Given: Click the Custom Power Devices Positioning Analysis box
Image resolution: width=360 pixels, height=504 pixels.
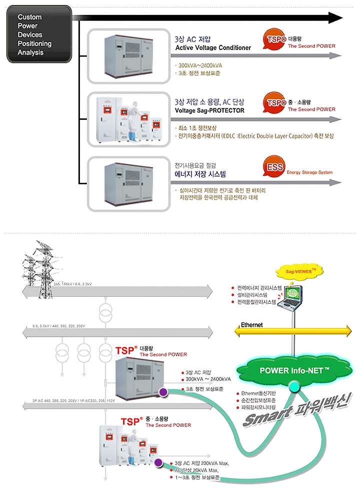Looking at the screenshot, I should (x=39, y=34).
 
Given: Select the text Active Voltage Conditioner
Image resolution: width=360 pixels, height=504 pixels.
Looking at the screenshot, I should (x=212, y=48).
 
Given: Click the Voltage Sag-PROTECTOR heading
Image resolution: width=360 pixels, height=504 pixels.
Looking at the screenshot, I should (x=209, y=110).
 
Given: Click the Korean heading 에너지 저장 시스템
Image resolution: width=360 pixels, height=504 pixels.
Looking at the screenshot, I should (x=200, y=174).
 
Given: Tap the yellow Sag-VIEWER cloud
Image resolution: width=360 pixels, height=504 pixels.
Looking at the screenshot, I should (x=297, y=271).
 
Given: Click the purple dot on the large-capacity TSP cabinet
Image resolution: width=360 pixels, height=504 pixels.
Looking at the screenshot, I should (x=162, y=393).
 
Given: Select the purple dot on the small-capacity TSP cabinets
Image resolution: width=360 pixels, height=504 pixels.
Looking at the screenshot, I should (x=158, y=463).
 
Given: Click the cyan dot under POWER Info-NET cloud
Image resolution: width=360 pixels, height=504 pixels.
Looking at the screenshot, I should (x=294, y=386).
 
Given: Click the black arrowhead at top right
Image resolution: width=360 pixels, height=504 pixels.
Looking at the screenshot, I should (x=335, y=18).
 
